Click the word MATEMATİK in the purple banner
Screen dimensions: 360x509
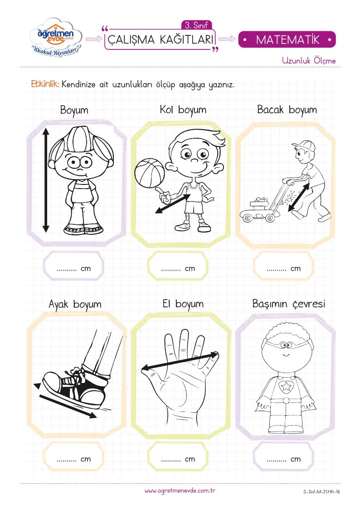[287, 40]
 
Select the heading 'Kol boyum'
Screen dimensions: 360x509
[183, 110]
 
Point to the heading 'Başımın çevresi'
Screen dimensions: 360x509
[288, 304]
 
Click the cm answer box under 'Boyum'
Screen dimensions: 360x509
[73, 266]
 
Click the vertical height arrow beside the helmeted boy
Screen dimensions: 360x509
[46, 180]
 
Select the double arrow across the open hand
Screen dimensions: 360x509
[180, 361]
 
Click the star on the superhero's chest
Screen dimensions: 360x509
[286, 386]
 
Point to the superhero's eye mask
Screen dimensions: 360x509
[285, 344]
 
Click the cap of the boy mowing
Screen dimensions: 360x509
[304, 146]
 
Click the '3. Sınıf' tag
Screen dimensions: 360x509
[196, 25]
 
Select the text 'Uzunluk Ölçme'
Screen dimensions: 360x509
[309, 60]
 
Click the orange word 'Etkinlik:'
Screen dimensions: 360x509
[45, 84]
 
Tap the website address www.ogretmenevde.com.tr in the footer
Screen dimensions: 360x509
[180, 491]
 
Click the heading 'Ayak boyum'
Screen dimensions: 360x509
[75, 305]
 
